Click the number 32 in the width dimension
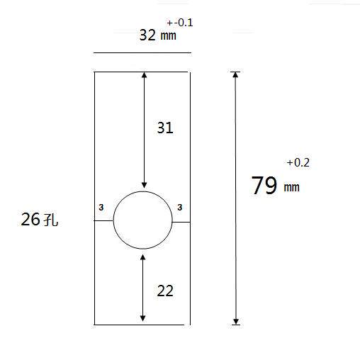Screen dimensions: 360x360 [147, 35]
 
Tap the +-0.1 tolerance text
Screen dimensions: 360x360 [180, 23]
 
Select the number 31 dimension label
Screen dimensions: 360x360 [164, 128]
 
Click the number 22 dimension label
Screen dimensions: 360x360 [164, 290]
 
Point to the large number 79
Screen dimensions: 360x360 [264, 186]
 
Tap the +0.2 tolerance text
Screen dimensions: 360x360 [298, 163]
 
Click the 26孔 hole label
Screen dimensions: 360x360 [40, 220]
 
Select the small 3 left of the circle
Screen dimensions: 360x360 [101, 207]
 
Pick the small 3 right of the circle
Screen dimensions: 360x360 [180, 207]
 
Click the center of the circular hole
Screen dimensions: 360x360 [143, 220]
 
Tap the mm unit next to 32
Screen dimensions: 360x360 [168, 37]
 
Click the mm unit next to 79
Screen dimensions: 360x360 [292, 188]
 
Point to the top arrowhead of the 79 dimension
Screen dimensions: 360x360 [236, 75]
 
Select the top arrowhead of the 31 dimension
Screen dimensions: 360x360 [144, 75]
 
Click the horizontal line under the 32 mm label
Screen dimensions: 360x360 [142, 52]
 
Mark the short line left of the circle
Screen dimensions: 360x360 [104, 221]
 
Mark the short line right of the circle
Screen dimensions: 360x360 [181, 221]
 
